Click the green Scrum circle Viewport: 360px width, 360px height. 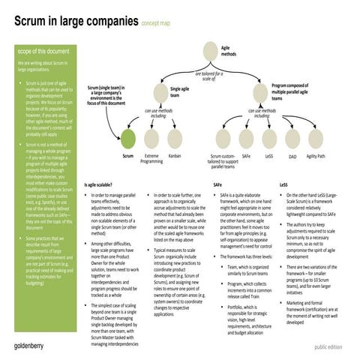(x=128, y=138)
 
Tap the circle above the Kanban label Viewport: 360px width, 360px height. (x=175, y=138)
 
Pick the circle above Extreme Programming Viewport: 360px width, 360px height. (x=151, y=138)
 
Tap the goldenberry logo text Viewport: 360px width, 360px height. (x=33, y=346)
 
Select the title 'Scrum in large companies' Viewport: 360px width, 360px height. (x=75, y=22)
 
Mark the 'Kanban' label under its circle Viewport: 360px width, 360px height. (x=175, y=157)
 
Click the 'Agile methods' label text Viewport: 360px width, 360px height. (x=232, y=49)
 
